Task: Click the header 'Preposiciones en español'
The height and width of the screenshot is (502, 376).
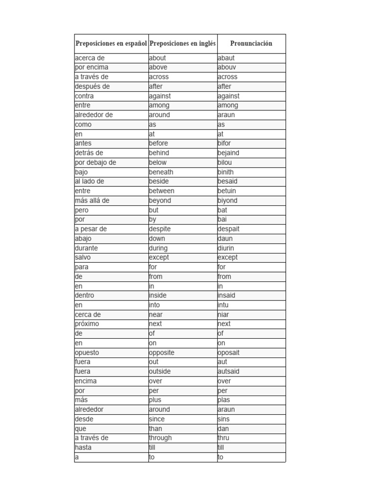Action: (x=111, y=44)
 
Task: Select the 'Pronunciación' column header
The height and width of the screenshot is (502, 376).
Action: (x=251, y=44)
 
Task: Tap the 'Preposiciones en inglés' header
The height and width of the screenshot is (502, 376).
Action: (x=183, y=44)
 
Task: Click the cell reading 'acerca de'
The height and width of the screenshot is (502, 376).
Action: (x=90, y=58)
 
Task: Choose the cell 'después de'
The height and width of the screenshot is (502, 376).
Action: (x=93, y=86)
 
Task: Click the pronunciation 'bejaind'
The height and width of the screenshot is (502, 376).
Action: (x=229, y=153)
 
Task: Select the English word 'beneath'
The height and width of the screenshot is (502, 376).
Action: (x=161, y=172)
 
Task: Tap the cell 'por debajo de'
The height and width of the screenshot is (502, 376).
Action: (x=95, y=162)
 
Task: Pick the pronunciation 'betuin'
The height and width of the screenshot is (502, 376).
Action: (x=227, y=191)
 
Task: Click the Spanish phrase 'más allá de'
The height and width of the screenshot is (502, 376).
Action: (x=93, y=201)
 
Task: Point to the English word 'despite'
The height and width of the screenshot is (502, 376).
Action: (x=160, y=229)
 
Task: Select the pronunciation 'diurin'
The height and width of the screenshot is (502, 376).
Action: (x=226, y=248)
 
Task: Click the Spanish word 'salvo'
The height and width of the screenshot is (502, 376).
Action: (x=83, y=257)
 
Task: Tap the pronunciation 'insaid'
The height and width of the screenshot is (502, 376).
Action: (x=227, y=296)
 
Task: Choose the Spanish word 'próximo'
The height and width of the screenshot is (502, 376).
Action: (x=87, y=324)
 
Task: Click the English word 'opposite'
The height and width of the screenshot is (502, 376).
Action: (x=162, y=352)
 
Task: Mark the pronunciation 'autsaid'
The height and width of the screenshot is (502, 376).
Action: (x=229, y=372)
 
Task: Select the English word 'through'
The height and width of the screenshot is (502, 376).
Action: (x=161, y=438)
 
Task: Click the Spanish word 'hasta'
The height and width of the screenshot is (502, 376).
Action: (x=83, y=448)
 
